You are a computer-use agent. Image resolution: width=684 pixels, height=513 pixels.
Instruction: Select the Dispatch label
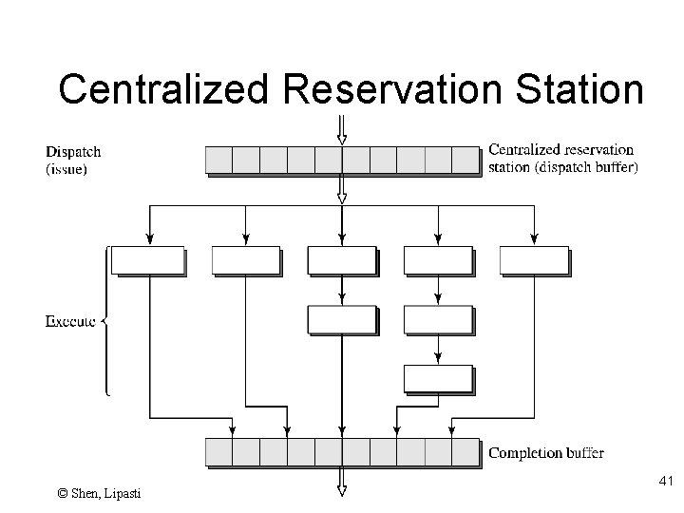(73, 151)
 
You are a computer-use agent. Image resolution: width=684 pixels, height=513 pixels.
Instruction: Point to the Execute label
(70, 321)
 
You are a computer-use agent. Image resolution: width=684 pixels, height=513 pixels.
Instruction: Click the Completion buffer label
(545, 453)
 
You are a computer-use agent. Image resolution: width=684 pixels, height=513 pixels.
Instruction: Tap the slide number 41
(665, 484)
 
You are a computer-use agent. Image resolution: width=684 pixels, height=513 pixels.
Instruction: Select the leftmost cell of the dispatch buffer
(218, 159)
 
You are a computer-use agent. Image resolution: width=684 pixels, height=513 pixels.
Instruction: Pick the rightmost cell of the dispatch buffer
(465, 159)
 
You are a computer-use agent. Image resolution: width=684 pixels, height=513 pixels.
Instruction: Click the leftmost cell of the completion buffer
(218, 451)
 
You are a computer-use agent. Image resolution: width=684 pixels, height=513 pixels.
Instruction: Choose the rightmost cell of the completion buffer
(465, 451)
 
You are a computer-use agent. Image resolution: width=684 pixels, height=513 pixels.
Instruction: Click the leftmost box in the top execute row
(147, 259)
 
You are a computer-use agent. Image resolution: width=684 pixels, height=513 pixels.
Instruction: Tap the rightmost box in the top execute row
(533, 259)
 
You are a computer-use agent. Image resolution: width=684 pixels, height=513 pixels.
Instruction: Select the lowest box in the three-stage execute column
(437, 378)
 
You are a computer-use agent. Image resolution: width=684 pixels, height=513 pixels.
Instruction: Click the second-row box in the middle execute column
(341, 319)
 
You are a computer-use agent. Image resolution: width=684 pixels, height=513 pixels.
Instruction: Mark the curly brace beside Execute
(104, 321)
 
